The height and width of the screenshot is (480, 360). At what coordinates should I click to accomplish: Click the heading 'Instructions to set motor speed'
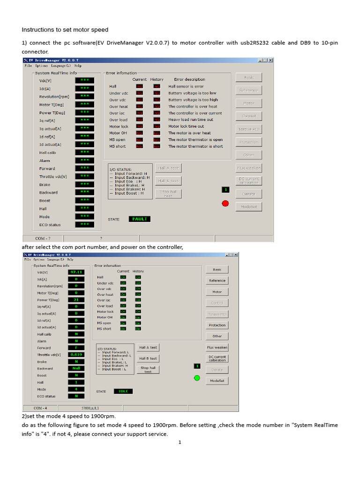[x=65, y=30]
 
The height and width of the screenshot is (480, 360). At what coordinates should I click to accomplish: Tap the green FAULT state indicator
[x=139, y=219]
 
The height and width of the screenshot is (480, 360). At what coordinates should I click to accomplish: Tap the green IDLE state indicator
[x=123, y=391]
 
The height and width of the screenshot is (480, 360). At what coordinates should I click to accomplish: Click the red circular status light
[x=225, y=203]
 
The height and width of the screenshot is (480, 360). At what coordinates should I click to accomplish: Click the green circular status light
[x=197, y=378]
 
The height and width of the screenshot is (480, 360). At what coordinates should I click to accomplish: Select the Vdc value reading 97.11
[x=76, y=272]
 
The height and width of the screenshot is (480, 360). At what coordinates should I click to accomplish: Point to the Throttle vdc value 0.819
[x=76, y=355]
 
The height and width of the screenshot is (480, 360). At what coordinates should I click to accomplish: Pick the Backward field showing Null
[x=76, y=368]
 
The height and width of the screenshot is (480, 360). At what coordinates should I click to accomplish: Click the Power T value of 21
[x=76, y=300]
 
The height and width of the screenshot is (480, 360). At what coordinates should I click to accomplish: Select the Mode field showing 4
[x=76, y=389]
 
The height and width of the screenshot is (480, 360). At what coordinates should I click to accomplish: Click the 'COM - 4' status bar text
[x=40, y=408]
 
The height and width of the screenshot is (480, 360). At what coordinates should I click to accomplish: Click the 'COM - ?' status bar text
[x=43, y=238]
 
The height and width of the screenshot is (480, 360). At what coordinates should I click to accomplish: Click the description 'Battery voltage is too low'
[x=192, y=93]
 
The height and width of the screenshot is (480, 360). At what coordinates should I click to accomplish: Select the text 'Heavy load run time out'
[x=190, y=120]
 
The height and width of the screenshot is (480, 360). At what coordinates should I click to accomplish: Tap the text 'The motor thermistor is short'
[x=195, y=146]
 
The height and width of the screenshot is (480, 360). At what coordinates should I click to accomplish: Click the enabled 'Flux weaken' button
[x=217, y=347]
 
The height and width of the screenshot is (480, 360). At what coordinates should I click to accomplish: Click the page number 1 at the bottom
[x=180, y=442]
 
